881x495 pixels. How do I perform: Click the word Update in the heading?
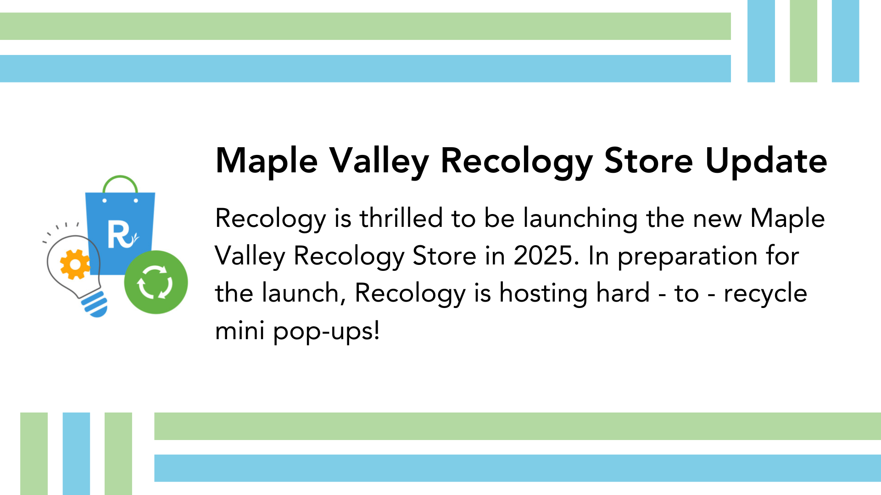coord(766,162)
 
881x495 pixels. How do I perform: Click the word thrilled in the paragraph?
coord(401,218)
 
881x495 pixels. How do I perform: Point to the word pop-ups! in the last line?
coord(326,331)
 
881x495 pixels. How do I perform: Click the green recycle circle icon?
coord(156,282)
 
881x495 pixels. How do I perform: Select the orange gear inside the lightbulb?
coord(75,264)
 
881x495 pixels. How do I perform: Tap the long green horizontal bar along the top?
coord(365,26)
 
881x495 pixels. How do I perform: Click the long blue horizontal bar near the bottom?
coord(518,468)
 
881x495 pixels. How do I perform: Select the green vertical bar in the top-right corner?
coord(803,41)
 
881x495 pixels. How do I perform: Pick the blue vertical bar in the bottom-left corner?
coord(76,454)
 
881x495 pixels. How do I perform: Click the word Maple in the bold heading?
coord(267,162)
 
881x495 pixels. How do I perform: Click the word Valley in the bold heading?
coord(379,162)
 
